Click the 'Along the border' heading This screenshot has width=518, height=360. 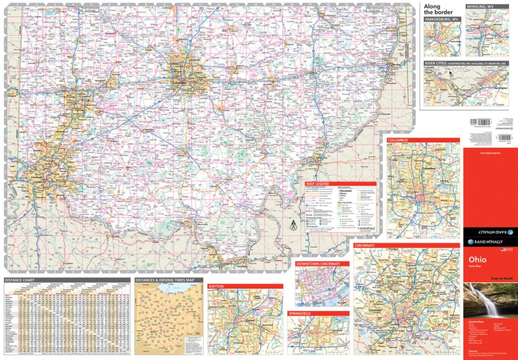click(438, 9)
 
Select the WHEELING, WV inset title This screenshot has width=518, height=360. click(481, 7)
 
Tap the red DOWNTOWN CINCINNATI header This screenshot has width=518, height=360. click(322, 264)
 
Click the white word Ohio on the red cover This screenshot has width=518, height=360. click(477, 258)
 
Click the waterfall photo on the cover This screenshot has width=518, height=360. click(487, 300)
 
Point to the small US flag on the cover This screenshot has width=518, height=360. click(503, 250)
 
